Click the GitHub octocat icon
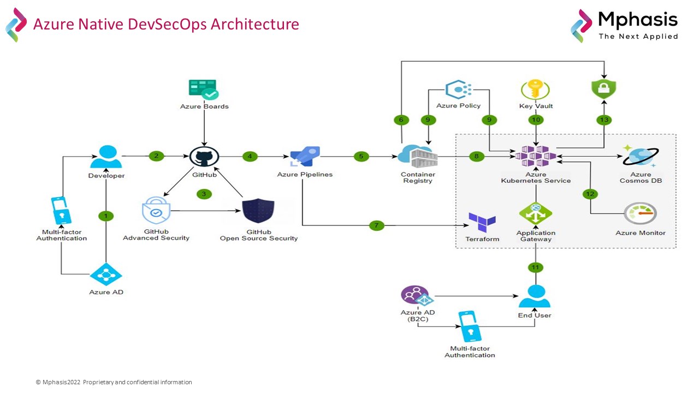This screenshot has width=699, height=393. [x=204, y=157]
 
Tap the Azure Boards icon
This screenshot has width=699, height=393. [x=203, y=90]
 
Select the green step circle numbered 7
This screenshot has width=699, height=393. [x=377, y=225]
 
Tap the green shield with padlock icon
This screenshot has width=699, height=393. [x=604, y=88]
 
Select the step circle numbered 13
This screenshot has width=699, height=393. [x=604, y=120]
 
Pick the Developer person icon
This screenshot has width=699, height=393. [x=106, y=158]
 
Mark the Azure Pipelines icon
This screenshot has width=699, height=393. [x=305, y=158]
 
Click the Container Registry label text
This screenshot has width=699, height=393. [x=418, y=178]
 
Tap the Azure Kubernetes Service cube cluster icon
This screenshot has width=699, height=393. [x=536, y=157]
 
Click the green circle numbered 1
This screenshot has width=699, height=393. [x=106, y=216]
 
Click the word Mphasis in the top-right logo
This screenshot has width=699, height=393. [x=638, y=20]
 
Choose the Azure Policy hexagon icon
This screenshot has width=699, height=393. [x=459, y=90]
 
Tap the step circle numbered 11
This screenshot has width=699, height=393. [x=536, y=267]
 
